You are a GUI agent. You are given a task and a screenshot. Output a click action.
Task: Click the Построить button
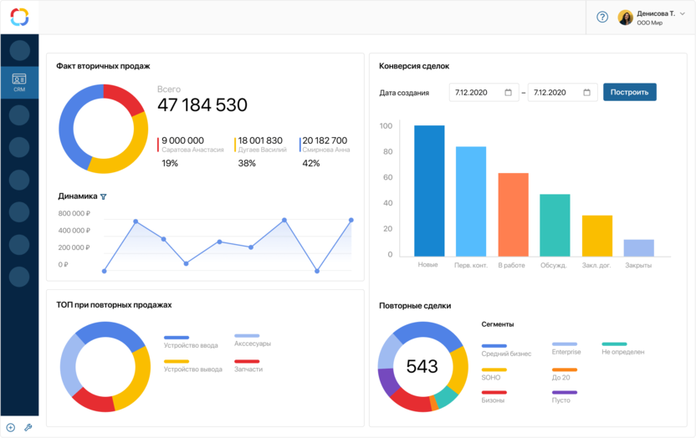click(629, 92)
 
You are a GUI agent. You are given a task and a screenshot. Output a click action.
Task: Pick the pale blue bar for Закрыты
click(638, 247)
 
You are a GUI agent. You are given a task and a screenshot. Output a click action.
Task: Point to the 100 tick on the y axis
click(386, 126)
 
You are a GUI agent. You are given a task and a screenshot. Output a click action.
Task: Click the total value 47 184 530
click(202, 105)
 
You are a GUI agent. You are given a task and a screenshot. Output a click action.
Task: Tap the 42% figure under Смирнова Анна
click(311, 164)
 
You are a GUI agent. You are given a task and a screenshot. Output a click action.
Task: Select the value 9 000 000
click(182, 140)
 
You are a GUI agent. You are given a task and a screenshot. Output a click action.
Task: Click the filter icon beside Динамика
click(104, 197)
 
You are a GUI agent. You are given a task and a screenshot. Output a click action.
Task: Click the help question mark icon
click(602, 17)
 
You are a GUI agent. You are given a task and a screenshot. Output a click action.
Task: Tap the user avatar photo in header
click(625, 17)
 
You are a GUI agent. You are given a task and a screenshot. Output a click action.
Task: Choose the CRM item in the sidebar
click(19, 83)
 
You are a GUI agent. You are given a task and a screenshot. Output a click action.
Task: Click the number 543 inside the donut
click(422, 367)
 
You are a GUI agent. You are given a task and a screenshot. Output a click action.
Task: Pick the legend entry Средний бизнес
click(506, 353)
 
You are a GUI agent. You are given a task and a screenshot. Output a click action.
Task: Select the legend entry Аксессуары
click(252, 344)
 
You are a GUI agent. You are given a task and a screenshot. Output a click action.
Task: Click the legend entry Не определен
click(622, 353)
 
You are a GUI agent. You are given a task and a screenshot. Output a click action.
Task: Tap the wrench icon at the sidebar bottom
click(28, 427)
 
